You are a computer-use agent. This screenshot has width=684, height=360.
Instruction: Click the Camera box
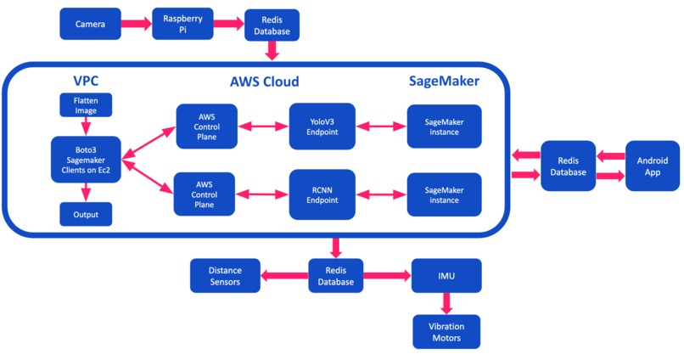pos(90,24)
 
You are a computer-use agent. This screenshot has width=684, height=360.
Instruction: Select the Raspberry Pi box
pos(180,24)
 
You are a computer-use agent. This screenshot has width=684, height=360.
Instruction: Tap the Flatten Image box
pos(79,106)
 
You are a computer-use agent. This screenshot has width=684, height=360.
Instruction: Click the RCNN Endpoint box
pos(321,194)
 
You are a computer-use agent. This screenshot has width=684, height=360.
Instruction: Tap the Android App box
pos(652,166)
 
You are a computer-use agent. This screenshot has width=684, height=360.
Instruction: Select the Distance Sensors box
pos(225,275)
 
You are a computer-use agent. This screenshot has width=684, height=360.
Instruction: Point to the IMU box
pos(446,275)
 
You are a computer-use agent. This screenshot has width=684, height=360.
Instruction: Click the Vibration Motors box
pos(446,331)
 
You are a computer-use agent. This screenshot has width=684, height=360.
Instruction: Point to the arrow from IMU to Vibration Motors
pos(446,303)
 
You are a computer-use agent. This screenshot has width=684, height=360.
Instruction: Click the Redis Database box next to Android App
pos(568,166)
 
